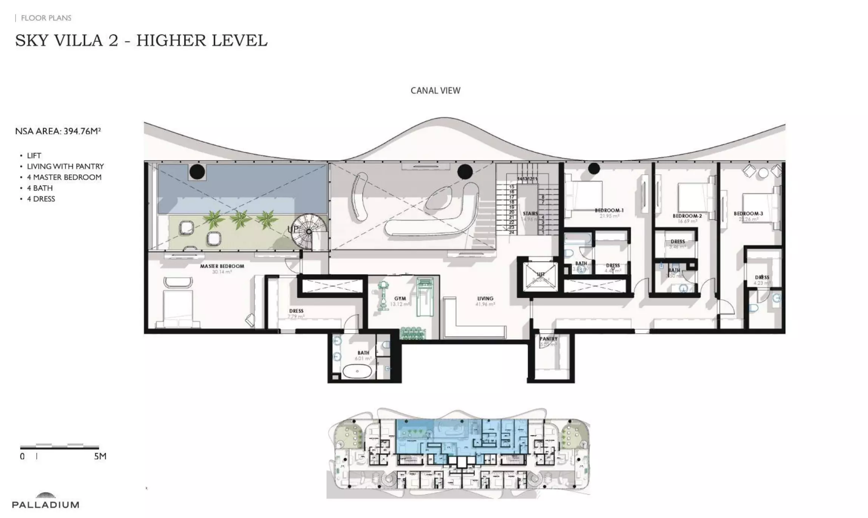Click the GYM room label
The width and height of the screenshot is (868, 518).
[400, 299]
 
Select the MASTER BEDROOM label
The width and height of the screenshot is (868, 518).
[222, 266]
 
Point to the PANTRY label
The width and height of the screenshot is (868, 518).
[548, 339]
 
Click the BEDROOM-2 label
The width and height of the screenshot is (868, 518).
[687, 216]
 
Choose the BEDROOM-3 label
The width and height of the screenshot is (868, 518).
[748, 214]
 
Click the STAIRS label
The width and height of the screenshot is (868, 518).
[530, 214]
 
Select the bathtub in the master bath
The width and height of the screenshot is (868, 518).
[357, 371]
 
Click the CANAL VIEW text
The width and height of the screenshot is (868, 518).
[436, 91]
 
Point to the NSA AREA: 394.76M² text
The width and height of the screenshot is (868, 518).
[58, 131]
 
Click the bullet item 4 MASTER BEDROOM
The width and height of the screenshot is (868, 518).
[64, 177]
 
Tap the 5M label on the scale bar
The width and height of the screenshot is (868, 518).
[100, 456]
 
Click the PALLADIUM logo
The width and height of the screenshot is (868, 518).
[46, 501]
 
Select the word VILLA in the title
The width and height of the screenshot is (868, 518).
[79, 41]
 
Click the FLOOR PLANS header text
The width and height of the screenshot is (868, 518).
[46, 18]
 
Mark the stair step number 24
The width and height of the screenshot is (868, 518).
[512, 233]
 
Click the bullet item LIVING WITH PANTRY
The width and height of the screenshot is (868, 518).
[65, 166]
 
